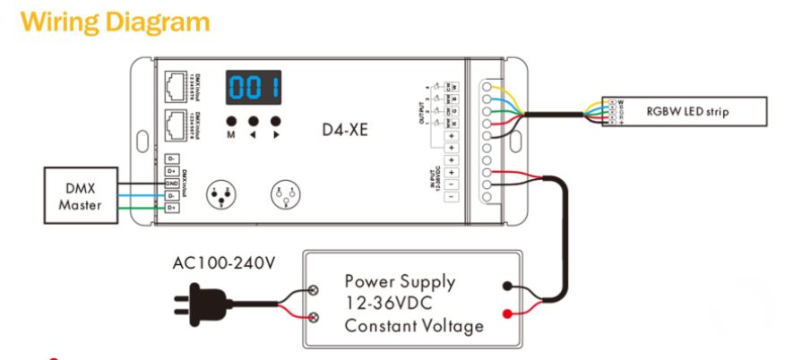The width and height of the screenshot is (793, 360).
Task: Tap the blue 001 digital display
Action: (254, 88)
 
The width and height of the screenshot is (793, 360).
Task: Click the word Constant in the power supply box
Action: (382, 325)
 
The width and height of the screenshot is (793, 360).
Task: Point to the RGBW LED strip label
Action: (687, 112)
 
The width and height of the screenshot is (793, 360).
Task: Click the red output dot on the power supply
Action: (508, 314)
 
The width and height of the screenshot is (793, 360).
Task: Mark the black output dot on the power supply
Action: (508, 287)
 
